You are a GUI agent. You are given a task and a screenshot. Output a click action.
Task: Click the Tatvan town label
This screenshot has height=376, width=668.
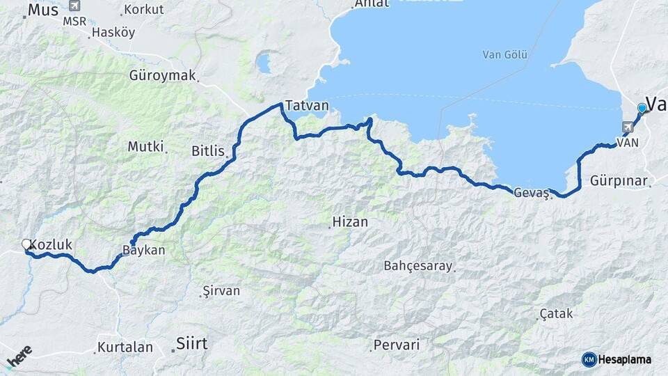[x=307, y=107]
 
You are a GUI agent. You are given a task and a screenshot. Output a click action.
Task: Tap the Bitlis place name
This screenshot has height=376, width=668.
[x=208, y=150]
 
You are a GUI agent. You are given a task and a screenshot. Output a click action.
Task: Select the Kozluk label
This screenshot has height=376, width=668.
[x=51, y=245]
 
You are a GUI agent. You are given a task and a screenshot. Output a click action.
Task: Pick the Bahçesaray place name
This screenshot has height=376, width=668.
[x=418, y=266]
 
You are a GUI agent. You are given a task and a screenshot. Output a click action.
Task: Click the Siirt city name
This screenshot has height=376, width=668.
[x=191, y=343]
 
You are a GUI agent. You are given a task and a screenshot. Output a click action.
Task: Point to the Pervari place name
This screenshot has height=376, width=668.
[x=397, y=345]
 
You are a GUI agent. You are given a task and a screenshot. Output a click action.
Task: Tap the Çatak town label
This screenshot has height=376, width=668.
[x=557, y=314]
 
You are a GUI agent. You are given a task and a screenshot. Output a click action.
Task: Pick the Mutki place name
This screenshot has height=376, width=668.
[x=145, y=146]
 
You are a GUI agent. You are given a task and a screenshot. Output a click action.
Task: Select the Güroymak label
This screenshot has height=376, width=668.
[x=163, y=75]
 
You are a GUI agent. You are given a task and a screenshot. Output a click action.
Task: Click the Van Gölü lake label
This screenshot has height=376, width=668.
[x=505, y=55]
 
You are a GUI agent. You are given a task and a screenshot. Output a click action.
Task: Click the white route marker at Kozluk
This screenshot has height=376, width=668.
[x=26, y=244]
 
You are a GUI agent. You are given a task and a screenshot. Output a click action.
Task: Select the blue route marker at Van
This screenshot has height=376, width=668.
[x=642, y=108]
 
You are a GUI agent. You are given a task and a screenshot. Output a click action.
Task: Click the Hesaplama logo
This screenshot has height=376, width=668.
[x=617, y=359]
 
